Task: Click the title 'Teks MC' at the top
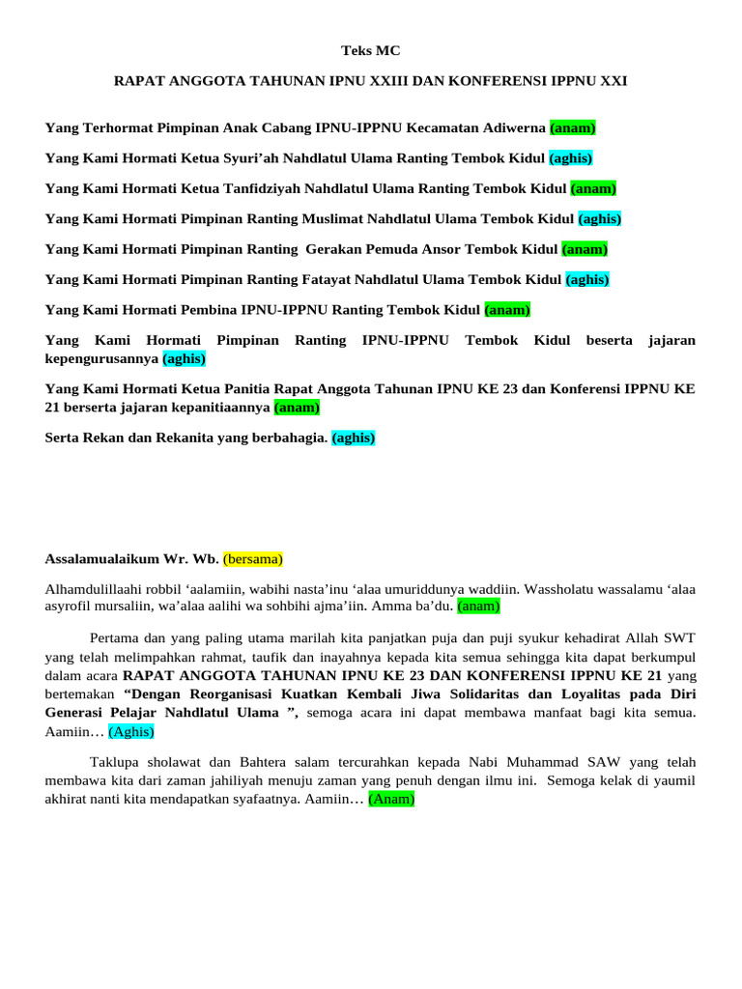coord(370,50)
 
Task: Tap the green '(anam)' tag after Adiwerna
coord(573,127)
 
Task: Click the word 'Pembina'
coord(207,310)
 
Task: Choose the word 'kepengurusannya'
coord(101,358)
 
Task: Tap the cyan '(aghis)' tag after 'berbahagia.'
coord(354,438)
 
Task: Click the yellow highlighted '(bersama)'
coord(252,559)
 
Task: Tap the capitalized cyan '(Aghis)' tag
coord(130,732)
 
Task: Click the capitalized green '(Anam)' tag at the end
coord(390,799)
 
